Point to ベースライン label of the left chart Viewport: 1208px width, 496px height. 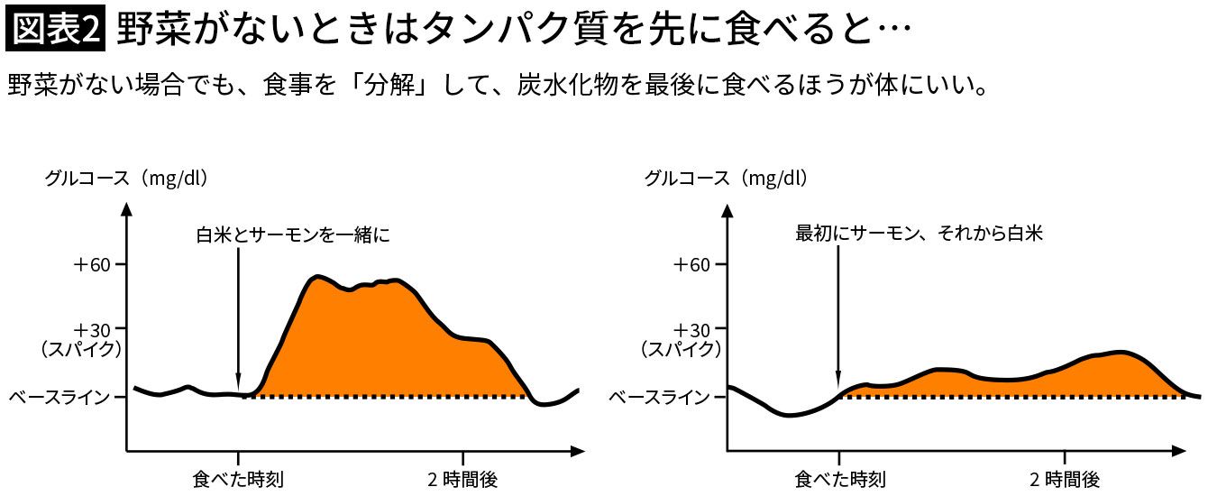[59, 397]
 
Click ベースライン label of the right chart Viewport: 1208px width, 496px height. [660, 397]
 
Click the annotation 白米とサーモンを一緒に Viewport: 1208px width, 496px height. [293, 234]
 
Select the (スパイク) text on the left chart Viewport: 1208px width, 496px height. [82, 347]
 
